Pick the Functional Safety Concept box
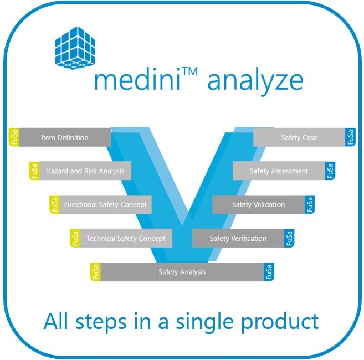105,204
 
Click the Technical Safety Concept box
126,239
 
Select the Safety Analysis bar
182,272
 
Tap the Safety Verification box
238,239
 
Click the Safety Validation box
258,205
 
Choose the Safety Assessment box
279,171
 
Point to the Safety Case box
299,137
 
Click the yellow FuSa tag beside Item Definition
14,137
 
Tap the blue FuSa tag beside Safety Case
350,137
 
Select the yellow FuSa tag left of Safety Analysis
95,272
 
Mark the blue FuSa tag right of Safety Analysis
269,272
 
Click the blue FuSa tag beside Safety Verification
289,239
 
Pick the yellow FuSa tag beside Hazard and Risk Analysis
34,171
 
